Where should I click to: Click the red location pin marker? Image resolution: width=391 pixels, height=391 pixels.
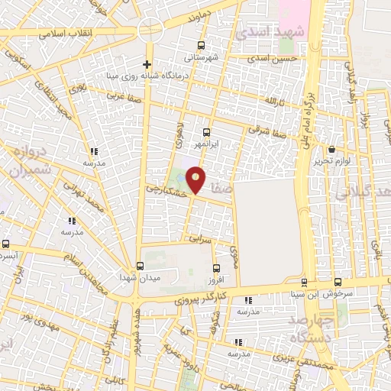coord(196,179)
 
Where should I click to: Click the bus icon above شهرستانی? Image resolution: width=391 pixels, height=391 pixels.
coord(201,45)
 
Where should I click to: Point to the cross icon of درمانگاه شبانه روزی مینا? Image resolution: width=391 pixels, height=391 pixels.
coord(147,64)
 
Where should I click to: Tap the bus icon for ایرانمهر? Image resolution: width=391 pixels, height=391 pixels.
coord(206,132)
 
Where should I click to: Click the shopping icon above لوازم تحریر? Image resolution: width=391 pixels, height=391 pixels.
coord(331,150)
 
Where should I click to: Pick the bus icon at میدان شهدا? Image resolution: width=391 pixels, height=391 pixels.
coord(138,266)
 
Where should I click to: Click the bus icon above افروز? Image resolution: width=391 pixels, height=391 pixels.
coord(217,268)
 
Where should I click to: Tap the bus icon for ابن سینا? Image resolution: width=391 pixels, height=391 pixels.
coord(304,282)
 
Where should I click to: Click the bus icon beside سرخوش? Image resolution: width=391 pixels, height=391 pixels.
coord(337,282)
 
